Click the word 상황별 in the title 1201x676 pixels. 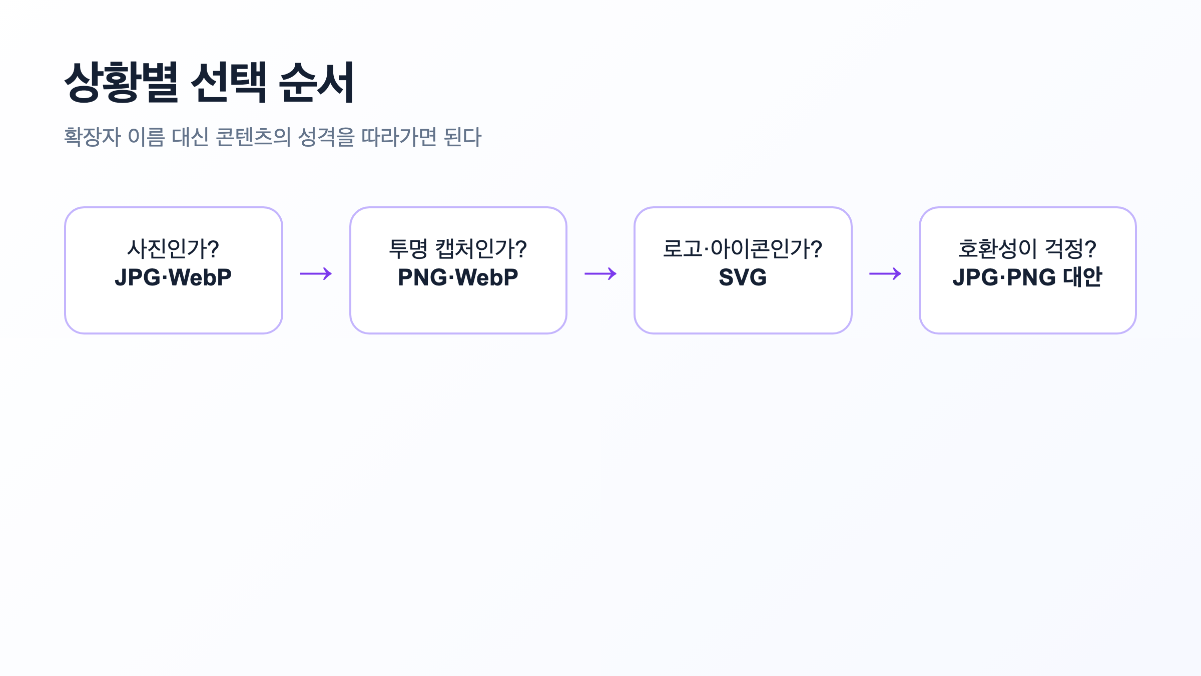(121, 83)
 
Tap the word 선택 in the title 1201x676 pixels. (229, 83)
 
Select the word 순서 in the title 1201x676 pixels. (317, 83)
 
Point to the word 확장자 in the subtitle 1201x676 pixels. (93, 137)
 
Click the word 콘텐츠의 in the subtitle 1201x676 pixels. (253, 137)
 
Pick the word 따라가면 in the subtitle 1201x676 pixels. (399, 137)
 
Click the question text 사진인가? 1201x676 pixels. (173, 249)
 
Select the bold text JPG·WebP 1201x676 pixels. (173, 277)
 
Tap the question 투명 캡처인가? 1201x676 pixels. (458, 249)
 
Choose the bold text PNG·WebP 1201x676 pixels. (458, 277)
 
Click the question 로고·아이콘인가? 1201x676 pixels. (743, 249)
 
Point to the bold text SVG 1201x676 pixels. (743, 277)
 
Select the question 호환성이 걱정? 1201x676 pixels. (1027, 249)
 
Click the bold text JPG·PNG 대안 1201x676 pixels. (1027, 277)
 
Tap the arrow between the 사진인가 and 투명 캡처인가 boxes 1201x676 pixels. (316, 273)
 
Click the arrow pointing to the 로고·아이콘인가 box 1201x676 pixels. (600, 273)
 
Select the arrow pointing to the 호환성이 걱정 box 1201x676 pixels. (885, 273)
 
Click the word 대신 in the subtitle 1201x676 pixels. (190, 137)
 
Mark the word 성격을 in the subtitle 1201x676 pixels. (326, 137)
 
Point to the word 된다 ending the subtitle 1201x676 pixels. (462, 137)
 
